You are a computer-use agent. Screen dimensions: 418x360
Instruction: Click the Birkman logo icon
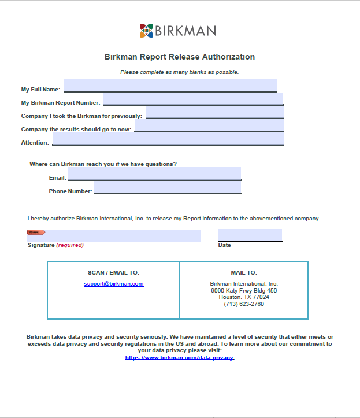pos(147,31)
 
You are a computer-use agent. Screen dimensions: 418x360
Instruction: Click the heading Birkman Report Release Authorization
pos(180,57)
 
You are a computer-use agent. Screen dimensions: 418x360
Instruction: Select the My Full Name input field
pos(170,85)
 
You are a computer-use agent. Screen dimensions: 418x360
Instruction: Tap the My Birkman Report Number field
pos(193,99)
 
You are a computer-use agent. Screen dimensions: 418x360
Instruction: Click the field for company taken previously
pos(214,112)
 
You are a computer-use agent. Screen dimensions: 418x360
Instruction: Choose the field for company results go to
pos(209,125)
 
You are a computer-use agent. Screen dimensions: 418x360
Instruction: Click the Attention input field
pos(168,139)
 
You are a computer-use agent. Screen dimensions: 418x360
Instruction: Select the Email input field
pos(154,173)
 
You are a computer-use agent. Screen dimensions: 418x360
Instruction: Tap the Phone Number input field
pos(167,187)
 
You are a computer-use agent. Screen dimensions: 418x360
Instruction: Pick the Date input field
pos(250,235)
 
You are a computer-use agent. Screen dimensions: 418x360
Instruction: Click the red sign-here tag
pos(36,232)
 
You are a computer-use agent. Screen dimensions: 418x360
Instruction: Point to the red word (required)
pos(70,245)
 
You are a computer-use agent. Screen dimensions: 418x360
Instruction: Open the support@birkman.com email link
pos(113,284)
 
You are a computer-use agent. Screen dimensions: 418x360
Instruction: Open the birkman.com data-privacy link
pos(179,358)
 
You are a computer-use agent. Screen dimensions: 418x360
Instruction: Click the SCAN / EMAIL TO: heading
pos(113,273)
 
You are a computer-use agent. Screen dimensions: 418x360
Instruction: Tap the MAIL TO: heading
pos(244,273)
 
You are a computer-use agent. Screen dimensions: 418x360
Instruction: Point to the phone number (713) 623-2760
pos(244,304)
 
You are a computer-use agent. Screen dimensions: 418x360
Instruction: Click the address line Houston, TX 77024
pos(244,297)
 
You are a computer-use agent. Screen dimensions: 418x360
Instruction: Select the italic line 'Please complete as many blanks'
pos(179,72)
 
